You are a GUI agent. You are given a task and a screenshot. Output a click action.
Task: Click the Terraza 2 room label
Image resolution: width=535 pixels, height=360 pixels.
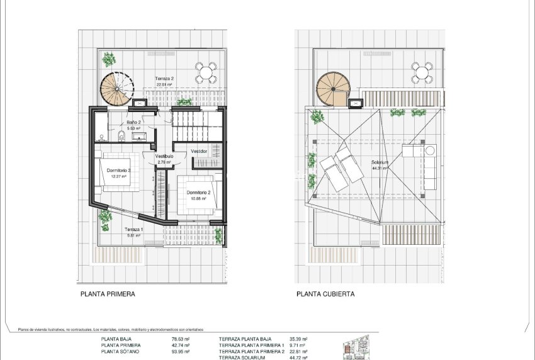tap(165, 79)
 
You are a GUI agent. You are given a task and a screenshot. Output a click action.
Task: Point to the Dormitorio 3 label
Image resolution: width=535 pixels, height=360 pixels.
tap(118, 171)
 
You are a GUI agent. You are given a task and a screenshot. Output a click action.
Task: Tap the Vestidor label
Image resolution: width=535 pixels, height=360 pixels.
tap(200, 151)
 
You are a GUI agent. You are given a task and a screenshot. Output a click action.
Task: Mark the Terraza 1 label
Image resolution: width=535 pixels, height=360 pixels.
tap(133, 229)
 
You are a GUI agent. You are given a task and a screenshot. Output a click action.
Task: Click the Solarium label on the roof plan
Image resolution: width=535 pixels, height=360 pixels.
tap(380, 162)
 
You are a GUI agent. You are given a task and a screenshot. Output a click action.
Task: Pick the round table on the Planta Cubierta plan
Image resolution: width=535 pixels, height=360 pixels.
tap(421, 73)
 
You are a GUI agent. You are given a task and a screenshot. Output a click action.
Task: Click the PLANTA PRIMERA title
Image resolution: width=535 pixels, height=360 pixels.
tap(108, 293)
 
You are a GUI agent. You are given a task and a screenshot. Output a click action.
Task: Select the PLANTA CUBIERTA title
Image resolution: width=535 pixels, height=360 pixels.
tap(325, 293)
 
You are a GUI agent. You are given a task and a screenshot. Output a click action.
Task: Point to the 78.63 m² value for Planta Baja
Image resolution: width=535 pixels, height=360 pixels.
tap(181, 339)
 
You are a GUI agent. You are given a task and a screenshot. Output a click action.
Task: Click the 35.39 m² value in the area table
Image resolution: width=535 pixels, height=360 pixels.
tap(298, 339)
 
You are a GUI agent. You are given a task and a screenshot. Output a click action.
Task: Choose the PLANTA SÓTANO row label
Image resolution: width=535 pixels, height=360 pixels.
tap(120, 352)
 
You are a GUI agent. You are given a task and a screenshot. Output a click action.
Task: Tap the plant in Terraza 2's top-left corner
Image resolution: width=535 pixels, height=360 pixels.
tap(110, 60)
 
